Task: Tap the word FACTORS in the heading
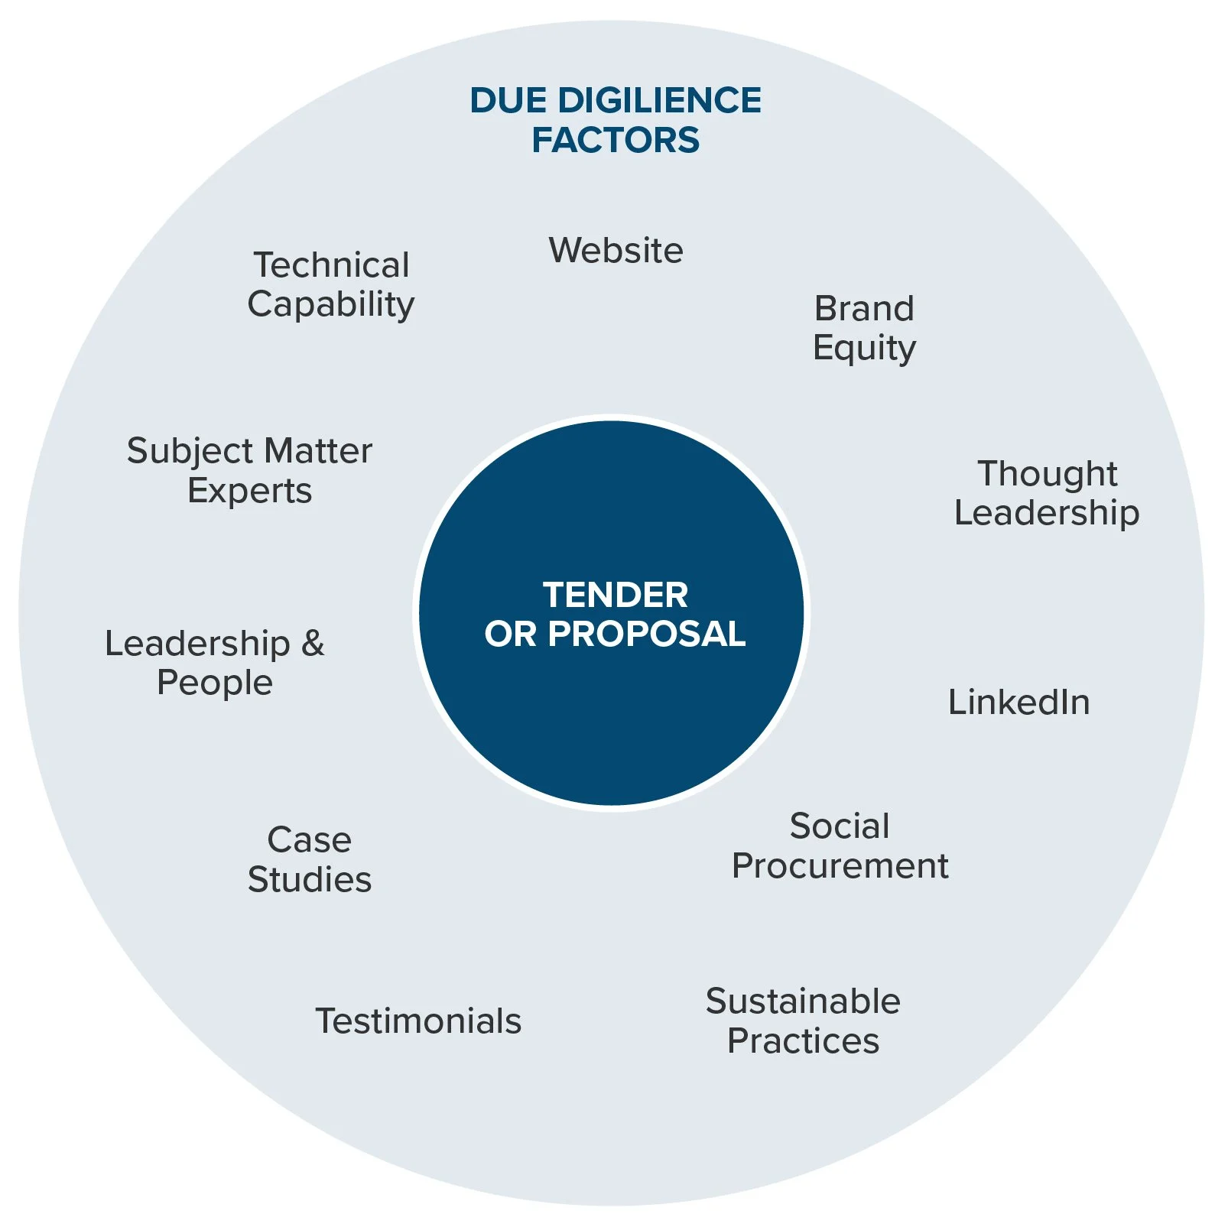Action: click(616, 140)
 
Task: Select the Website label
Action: click(616, 250)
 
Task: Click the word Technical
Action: click(332, 265)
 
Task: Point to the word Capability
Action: click(331, 305)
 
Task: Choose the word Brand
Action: click(864, 309)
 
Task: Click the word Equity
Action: click(864, 349)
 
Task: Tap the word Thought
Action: click(1048, 473)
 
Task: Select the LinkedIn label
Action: click(1019, 702)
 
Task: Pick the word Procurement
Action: click(840, 865)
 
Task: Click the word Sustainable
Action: click(803, 1001)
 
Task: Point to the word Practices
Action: click(803, 1040)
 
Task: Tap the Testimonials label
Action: click(418, 1021)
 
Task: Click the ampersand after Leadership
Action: click(313, 644)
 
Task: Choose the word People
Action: click(215, 683)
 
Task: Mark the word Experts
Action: click(250, 491)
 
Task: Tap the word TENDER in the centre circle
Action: click(616, 595)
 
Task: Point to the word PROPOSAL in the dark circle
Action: click(647, 634)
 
